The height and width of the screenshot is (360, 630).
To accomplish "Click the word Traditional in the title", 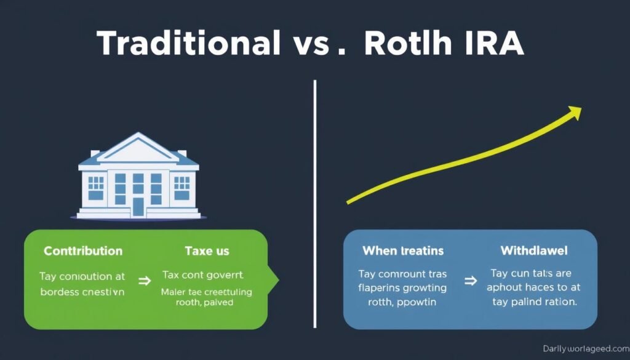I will (188, 44).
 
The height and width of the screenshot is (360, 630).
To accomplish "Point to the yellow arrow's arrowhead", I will (575, 112).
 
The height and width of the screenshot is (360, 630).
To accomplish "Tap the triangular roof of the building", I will (138, 147).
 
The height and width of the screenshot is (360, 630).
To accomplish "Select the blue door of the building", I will (138, 206).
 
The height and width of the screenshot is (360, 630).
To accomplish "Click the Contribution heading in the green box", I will (83, 251).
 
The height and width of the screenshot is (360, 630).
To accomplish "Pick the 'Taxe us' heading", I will (207, 251).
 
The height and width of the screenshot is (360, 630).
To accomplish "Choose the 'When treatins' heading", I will (403, 251).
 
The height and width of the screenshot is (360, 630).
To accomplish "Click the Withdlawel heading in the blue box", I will (534, 251).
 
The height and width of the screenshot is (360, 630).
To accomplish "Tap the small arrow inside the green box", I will (145, 281).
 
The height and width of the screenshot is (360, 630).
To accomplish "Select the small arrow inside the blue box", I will (469, 281).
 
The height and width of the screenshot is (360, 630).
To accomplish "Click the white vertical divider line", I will (315, 203).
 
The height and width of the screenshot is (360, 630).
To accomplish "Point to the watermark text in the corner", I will (585, 349).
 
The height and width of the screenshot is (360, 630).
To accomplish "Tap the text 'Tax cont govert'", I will (203, 274).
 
